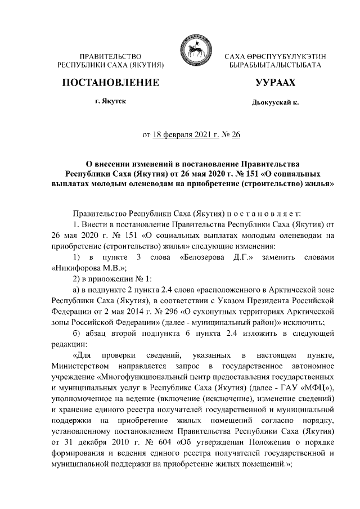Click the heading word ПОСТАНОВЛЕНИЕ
click(110, 83)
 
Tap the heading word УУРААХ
click(275, 83)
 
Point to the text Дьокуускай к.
click(275, 103)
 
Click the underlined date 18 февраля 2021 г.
click(183, 135)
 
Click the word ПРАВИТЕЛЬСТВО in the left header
click(110, 57)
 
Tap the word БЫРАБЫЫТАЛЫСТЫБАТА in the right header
click(275, 66)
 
